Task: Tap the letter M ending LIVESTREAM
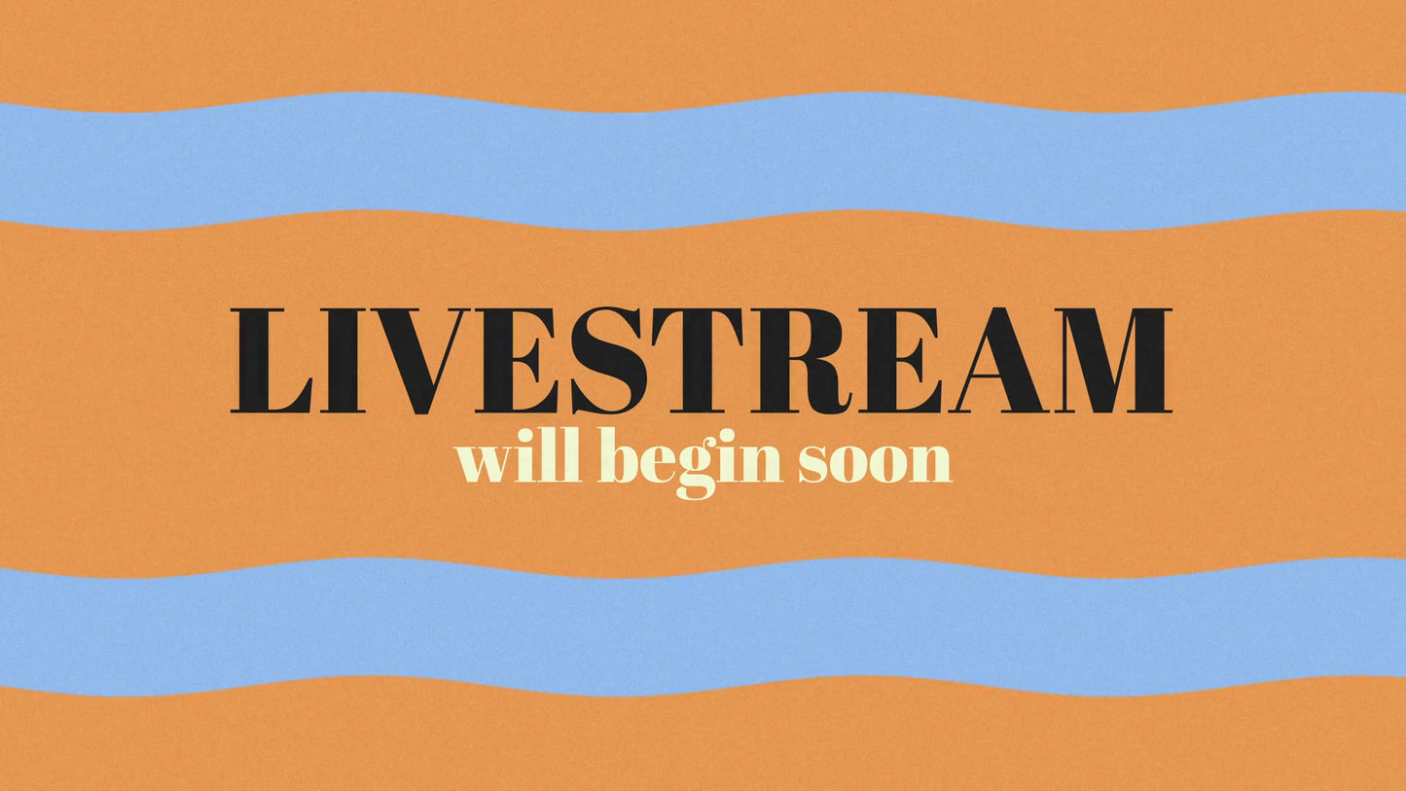point(1114,361)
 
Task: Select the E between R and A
point(900,361)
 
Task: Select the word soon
point(874,464)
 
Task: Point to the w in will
point(486,464)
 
